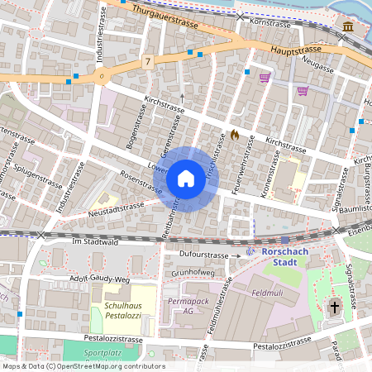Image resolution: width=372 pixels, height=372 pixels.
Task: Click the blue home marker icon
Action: (x=186, y=179)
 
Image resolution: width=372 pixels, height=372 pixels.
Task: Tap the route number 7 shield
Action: (x=147, y=62)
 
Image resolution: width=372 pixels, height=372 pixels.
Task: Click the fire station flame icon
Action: (x=235, y=134)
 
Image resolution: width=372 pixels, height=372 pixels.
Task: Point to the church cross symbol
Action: (x=335, y=307)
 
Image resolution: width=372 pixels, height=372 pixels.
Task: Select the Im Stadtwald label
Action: (x=96, y=242)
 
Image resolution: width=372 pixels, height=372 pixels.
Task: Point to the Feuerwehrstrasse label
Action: (x=243, y=169)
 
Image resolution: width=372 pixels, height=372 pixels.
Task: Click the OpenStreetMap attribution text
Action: (x=83, y=366)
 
